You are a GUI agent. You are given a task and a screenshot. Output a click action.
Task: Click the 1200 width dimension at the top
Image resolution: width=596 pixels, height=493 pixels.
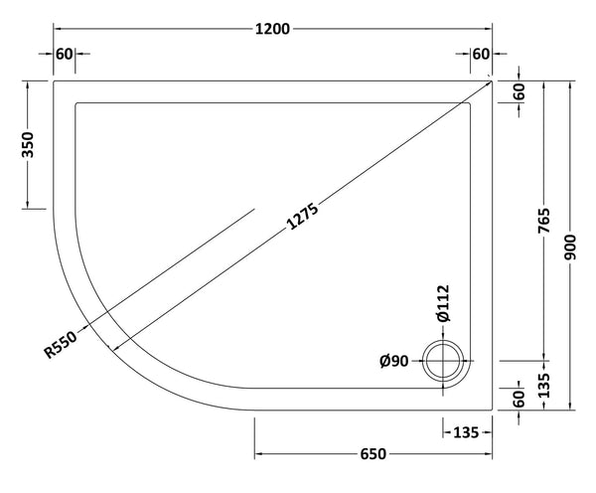(x=271, y=28)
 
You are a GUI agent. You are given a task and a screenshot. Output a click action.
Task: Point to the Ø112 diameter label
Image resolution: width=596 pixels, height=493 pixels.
(x=444, y=302)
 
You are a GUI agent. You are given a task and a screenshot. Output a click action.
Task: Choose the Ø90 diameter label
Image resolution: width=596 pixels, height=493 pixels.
(x=395, y=361)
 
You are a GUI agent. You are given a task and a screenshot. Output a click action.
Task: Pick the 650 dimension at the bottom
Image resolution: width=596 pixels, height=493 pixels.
(x=372, y=454)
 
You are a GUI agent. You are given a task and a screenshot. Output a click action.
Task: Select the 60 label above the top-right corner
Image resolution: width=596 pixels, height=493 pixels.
(x=481, y=54)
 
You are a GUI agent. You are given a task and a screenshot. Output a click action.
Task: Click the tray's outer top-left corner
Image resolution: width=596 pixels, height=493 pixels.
(x=53, y=81)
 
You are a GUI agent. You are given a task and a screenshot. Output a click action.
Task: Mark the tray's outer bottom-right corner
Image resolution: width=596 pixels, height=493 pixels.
(x=494, y=408)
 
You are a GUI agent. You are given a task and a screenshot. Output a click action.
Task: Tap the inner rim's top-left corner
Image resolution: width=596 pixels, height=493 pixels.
(x=75, y=102)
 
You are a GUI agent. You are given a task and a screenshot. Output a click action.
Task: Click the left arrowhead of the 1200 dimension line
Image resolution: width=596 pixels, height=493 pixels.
(x=56, y=29)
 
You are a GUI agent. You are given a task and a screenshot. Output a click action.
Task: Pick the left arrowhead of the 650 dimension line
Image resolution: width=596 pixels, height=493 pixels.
(x=258, y=455)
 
